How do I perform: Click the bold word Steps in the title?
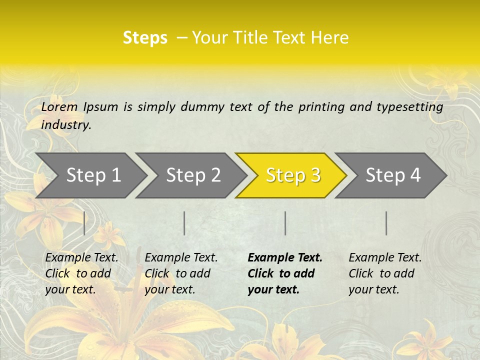pyautogui.click(x=145, y=38)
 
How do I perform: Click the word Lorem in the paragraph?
pyautogui.click(x=59, y=106)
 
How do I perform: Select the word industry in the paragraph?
pyautogui.click(x=65, y=125)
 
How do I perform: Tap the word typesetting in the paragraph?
pyautogui.click(x=409, y=107)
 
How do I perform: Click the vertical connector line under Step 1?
pyautogui.click(x=84, y=223)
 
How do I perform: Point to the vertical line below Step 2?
pyautogui.click(x=184, y=223)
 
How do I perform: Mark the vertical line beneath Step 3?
pyautogui.click(x=285, y=223)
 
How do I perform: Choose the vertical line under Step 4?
pyautogui.click(x=386, y=223)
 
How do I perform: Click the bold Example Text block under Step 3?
pyautogui.click(x=285, y=273)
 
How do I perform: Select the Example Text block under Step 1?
pyautogui.click(x=81, y=273)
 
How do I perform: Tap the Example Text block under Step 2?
pyautogui.click(x=181, y=273)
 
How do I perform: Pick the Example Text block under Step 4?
pyautogui.click(x=385, y=273)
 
